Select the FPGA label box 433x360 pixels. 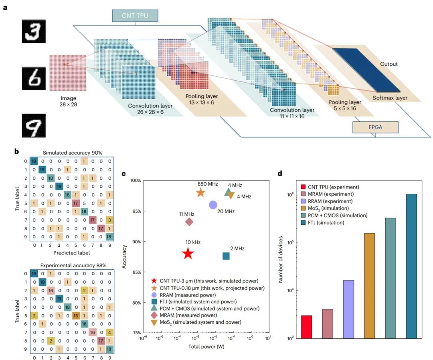(375, 127)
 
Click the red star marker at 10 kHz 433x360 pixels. (188, 254)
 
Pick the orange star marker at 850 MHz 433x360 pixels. (200, 193)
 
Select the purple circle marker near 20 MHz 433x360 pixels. (213, 205)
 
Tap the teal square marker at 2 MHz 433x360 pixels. (226, 256)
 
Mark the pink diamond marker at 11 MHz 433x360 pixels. (189, 222)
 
